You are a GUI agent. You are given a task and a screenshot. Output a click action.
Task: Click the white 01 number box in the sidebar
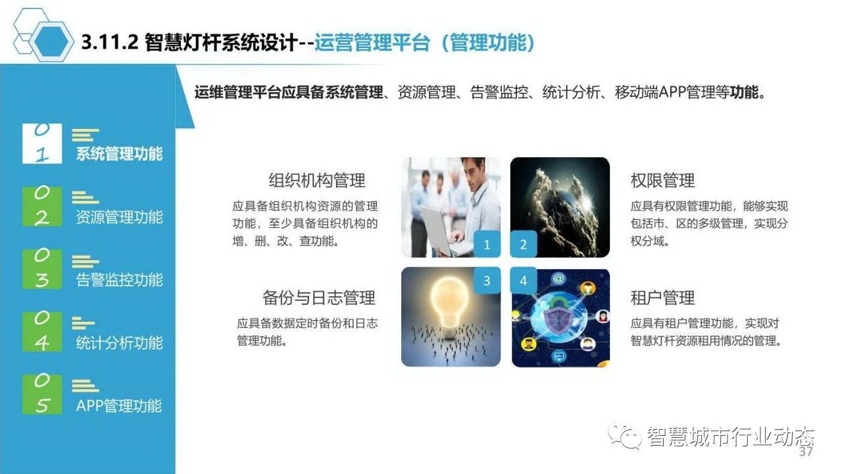click(42, 144)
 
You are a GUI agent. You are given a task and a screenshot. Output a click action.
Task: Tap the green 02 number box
click(42, 207)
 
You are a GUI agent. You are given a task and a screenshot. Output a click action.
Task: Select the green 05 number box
click(42, 394)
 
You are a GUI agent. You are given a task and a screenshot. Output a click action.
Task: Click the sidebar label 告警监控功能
click(119, 280)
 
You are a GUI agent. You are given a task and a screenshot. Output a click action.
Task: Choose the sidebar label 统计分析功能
click(119, 343)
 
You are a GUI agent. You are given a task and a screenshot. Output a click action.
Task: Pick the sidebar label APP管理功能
click(119, 406)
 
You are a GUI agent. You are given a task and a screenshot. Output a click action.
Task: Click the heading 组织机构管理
click(317, 180)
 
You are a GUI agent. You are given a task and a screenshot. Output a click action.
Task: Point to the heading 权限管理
click(662, 180)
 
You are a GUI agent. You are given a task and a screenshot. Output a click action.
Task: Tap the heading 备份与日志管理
click(319, 298)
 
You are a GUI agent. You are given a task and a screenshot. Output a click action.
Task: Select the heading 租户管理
click(662, 298)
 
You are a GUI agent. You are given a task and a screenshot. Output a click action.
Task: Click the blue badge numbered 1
click(487, 244)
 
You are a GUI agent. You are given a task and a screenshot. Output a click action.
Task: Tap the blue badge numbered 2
click(523, 244)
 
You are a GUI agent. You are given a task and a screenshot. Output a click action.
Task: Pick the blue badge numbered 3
click(487, 280)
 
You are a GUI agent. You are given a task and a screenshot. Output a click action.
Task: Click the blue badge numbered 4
click(523, 280)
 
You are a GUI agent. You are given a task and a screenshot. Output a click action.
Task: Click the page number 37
click(806, 451)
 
